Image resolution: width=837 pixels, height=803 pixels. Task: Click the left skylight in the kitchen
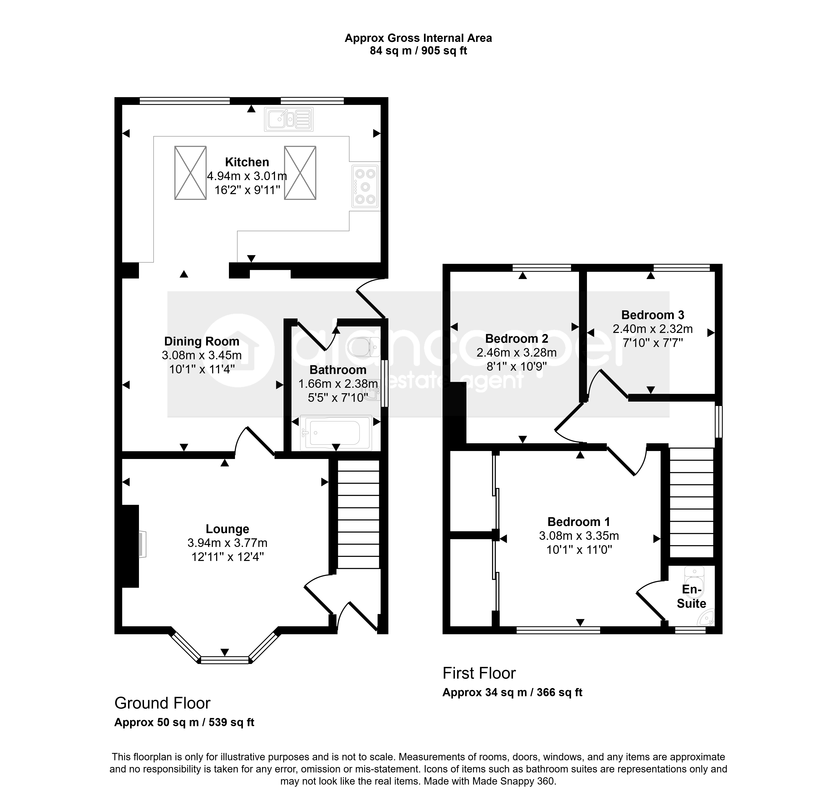point(190,173)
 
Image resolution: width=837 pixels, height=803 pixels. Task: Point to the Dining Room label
point(202,342)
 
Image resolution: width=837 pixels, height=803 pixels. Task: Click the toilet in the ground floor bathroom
point(364,347)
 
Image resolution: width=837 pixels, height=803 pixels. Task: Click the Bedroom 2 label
point(517,339)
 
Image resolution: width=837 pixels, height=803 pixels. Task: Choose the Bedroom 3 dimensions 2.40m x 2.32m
point(652,329)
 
